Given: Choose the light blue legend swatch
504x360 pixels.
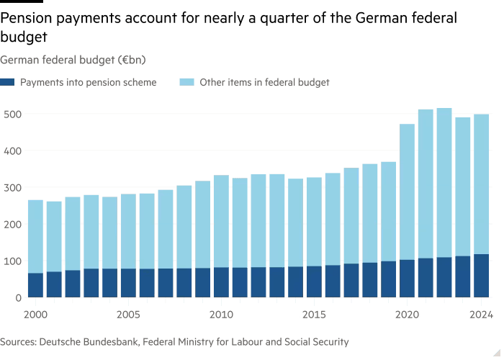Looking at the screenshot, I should (x=187, y=83).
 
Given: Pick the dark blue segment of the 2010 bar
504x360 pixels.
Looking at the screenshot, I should (x=221, y=282).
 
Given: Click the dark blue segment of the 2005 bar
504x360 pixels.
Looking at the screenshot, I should (x=128, y=282).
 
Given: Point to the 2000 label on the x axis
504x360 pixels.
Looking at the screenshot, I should (x=35, y=314).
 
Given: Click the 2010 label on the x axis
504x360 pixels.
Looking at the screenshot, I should (x=221, y=314).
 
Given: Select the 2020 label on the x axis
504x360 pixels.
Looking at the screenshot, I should (x=407, y=314).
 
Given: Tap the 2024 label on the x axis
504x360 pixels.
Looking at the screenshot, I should (x=481, y=314).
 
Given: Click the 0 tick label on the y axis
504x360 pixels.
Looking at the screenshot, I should (x=17, y=297).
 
